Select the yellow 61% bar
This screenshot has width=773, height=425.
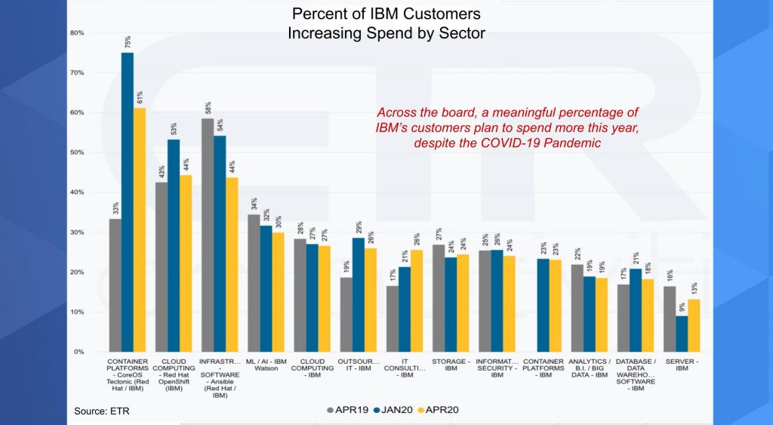click(140, 229)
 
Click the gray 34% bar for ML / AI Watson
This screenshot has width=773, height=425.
click(254, 283)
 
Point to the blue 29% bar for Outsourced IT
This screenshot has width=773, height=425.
click(358, 294)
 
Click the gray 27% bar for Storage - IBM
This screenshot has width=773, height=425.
click(439, 298)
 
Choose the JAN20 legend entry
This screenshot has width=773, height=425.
click(396, 410)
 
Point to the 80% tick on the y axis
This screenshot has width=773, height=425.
click(77, 33)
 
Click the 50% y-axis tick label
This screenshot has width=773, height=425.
click(77, 152)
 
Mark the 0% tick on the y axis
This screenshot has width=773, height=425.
click(79, 352)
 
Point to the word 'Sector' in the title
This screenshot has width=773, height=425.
click(461, 33)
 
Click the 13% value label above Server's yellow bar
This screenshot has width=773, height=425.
click(694, 288)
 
